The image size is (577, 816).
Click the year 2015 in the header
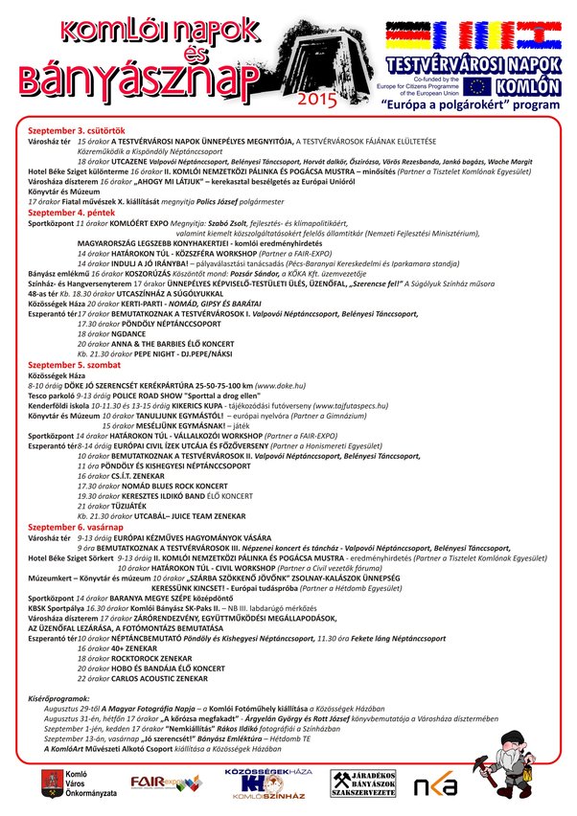(x=316, y=98)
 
